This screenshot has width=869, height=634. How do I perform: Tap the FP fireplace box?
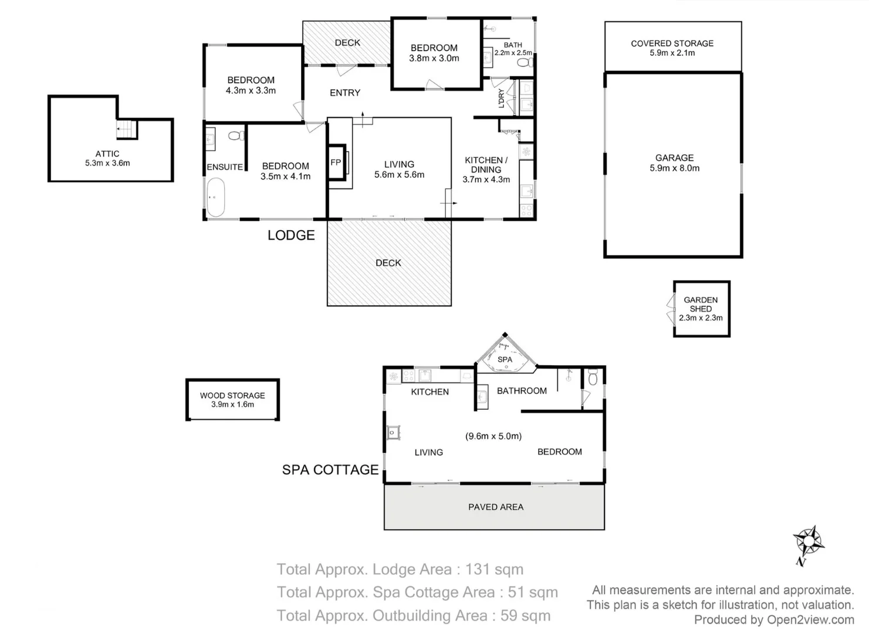(337, 162)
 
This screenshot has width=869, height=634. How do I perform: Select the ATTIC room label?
(107, 154)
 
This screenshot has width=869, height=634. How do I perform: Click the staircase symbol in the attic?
(127, 129)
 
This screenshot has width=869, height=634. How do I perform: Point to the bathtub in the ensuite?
(215, 197)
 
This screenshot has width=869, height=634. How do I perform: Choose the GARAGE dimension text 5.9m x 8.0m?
(675, 168)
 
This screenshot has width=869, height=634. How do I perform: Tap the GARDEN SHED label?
(701, 305)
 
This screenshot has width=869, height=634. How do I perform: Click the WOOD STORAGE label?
(232, 396)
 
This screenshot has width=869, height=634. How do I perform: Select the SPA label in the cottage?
(505, 359)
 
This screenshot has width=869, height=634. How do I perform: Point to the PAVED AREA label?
(496, 507)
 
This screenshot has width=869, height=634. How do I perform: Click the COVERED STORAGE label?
(672, 43)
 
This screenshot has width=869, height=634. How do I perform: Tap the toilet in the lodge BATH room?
(525, 62)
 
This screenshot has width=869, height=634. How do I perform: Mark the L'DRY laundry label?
(501, 99)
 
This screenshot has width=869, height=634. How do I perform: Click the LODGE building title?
(291, 235)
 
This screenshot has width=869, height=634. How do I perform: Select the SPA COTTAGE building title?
(330, 470)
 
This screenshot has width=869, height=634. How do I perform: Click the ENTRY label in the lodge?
(345, 93)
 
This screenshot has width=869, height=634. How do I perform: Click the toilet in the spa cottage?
(593, 377)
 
